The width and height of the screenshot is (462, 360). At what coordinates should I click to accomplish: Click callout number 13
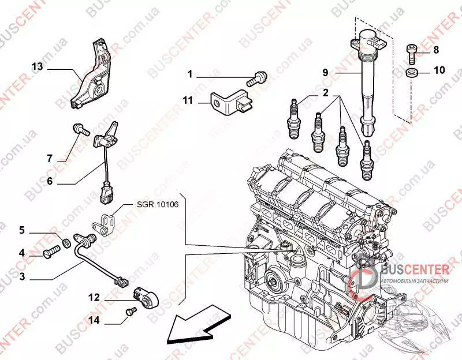pyautogui.click(x=37, y=67)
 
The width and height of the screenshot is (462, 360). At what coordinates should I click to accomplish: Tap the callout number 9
pyautogui.click(x=325, y=72)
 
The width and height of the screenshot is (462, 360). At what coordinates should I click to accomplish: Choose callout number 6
pyautogui.click(x=50, y=181)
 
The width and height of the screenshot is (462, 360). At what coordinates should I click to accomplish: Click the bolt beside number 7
pyautogui.click(x=80, y=129)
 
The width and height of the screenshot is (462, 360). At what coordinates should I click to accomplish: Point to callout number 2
pyautogui.click(x=325, y=92)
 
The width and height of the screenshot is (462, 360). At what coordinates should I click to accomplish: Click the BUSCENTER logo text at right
pyautogui.click(x=414, y=268)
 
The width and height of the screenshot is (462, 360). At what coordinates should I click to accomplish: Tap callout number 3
pyautogui.click(x=22, y=277)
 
